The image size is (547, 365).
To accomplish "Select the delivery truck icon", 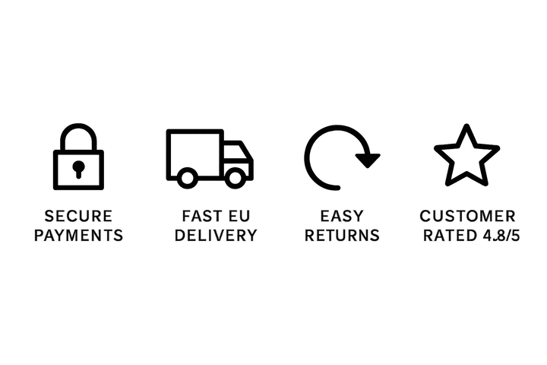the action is [x=210, y=159].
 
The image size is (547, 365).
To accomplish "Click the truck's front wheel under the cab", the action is [x=235, y=178].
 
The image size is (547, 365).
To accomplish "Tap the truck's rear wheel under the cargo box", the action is [x=188, y=178].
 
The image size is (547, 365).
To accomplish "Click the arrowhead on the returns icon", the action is [x=368, y=160].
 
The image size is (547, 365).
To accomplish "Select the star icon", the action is [x=466, y=155].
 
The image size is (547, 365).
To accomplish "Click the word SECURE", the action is [x=78, y=216].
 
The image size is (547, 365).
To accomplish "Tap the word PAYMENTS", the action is [x=78, y=236].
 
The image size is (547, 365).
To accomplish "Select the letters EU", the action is [x=239, y=216].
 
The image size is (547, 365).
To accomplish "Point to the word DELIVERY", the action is [x=216, y=236].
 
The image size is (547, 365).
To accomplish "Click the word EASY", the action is [x=342, y=216].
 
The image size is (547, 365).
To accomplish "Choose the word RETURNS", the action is [x=342, y=236].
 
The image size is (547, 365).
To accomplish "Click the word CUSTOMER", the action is [x=467, y=216].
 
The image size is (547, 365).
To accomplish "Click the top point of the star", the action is [x=466, y=125].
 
